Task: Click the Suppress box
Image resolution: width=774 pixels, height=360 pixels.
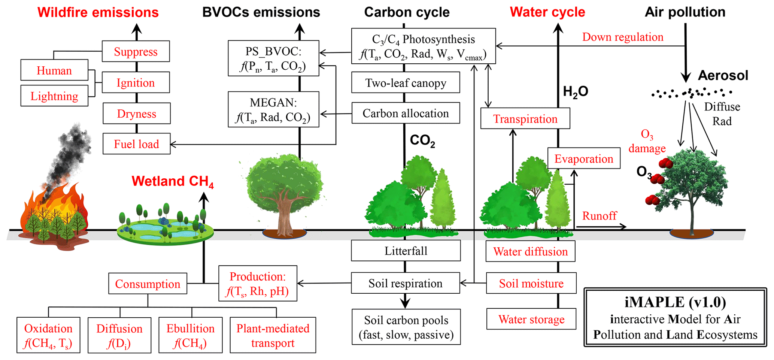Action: [x=136, y=51]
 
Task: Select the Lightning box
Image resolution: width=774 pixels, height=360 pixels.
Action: [x=54, y=96]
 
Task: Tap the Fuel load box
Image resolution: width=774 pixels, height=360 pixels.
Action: [x=136, y=144]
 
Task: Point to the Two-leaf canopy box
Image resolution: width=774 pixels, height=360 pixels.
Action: [x=406, y=82]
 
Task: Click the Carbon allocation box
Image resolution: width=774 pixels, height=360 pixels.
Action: [x=406, y=113]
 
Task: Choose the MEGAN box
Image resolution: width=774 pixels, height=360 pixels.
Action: [x=273, y=109]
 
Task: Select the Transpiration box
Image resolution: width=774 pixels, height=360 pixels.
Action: [x=525, y=118]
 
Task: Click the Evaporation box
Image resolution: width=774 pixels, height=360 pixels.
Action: [x=583, y=158]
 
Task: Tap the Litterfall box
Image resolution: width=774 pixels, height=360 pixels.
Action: [x=406, y=251]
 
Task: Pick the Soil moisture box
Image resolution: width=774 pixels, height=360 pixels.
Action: [x=531, y=283]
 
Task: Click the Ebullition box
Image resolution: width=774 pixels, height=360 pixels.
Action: [x=190, y=335]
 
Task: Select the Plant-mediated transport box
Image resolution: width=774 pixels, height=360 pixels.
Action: [x=273, y=335]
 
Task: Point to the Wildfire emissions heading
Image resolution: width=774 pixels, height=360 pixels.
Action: [x=98, y=12]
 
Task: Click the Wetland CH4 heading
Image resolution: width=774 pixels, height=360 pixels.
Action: [x=173, y=181]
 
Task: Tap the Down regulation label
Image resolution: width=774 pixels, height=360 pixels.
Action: [x=622, y=37]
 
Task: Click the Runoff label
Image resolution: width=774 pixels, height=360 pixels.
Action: [x=599, y=216]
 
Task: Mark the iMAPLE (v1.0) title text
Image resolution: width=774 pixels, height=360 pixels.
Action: [x=675, y=302]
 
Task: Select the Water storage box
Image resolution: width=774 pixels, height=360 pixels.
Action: [x=531, y=319]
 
